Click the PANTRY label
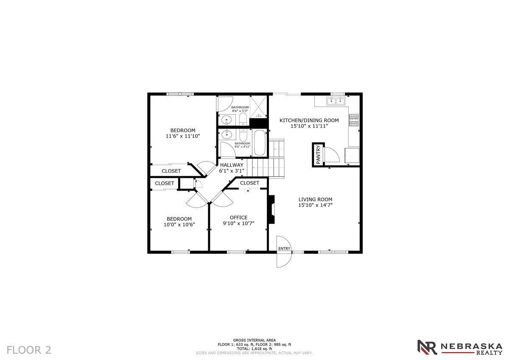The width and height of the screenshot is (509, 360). click(x=318, y=155)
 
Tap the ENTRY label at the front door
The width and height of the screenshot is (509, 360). click(x=284, y=249)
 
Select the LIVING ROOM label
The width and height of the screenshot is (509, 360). click(x=316, y=200)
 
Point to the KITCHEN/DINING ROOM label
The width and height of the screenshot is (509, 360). click(x=309, y=120)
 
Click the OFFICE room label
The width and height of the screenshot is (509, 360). click(x=238, y=217)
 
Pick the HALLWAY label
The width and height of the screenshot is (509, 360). click(x=232, y=165)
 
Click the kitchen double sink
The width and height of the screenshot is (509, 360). click(x=336, y=101)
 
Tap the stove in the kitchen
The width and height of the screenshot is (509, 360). click(x=354, y=120)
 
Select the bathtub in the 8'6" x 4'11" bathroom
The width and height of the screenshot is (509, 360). click(x=259, y=143)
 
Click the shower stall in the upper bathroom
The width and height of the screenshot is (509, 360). click(x=258, y=107)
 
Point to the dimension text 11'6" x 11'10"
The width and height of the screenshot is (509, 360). click(x=183, y=136)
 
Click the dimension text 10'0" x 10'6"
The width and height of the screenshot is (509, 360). click(x=179, y=225)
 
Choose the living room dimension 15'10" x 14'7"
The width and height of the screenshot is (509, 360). click(x=316, y=205)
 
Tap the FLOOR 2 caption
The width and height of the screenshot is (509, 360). click(x=29, y=349)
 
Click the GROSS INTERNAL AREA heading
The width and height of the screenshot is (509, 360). click(x=254, y=340)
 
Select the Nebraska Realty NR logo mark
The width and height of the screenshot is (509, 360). click(x=428, y=347)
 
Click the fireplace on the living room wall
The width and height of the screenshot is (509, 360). click(x=271, y=209)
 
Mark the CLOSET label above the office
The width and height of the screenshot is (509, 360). click(x=249, y=183)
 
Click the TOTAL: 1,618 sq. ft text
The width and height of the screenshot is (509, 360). click(x=254, y=349)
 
